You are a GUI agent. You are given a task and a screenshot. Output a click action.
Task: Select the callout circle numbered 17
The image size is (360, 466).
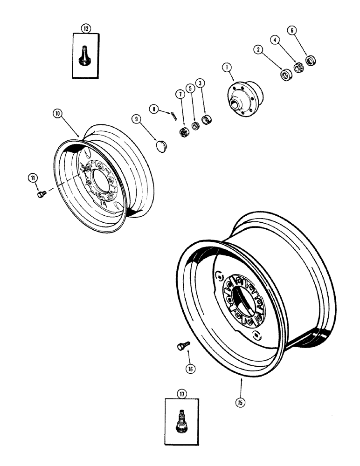[181, 394]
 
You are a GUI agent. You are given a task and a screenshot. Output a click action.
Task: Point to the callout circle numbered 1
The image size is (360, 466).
[227, 68]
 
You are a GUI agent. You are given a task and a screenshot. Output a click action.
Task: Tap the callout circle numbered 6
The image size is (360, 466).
[292, 30]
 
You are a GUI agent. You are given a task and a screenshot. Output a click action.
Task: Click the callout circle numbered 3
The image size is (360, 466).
[200, 83]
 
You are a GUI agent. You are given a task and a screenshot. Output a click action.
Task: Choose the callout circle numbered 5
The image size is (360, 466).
[190, 88]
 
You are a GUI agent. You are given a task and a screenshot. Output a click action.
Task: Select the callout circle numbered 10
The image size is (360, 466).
[57, 113]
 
